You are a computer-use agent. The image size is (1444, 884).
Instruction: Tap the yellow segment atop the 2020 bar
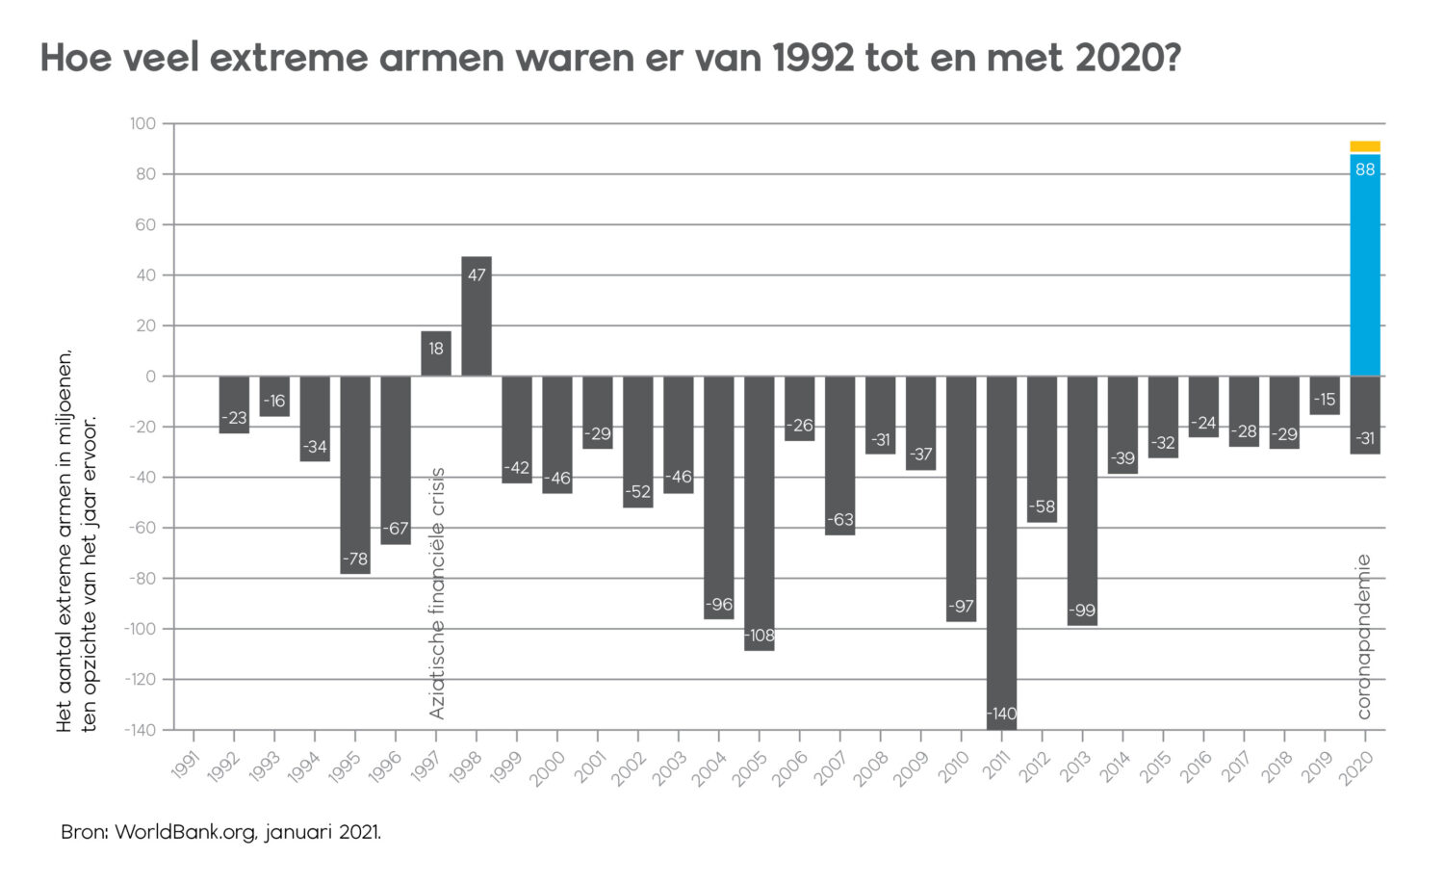click(x=1365, y=146)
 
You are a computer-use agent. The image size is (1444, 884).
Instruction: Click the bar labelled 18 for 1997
click(x=436, y=353)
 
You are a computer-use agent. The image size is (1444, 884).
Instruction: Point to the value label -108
click(x=759, y=636)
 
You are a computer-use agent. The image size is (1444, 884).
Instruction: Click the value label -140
click(x=1001, y=714)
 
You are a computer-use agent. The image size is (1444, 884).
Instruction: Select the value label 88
click(x=1365, y=170)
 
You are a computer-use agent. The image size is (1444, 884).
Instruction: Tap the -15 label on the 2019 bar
click(x=1325, y=400)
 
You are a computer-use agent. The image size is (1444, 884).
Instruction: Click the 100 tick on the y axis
click(x=142, y=124)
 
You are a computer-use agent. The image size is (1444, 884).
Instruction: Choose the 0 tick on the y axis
click(x=150, y=377)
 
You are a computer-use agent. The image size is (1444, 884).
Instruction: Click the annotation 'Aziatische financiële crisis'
click(x=437, y=593)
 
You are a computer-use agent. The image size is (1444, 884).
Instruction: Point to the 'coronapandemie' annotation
click(x=1363, y=636)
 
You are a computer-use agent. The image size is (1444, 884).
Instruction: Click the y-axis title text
click(x=76, y=539)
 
